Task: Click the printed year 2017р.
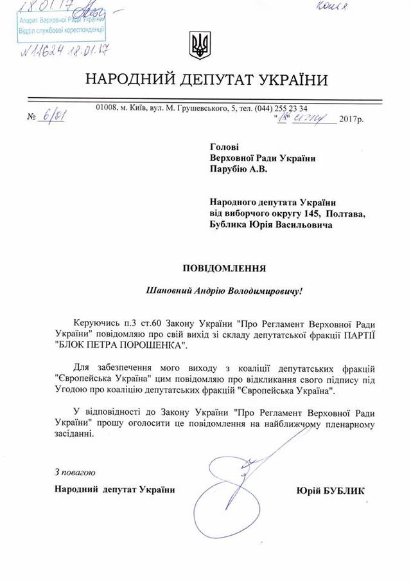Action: (x=350, y=119)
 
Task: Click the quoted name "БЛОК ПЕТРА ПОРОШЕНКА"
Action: (x=119, y=346)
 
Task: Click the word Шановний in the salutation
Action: (x=168, y=291)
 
